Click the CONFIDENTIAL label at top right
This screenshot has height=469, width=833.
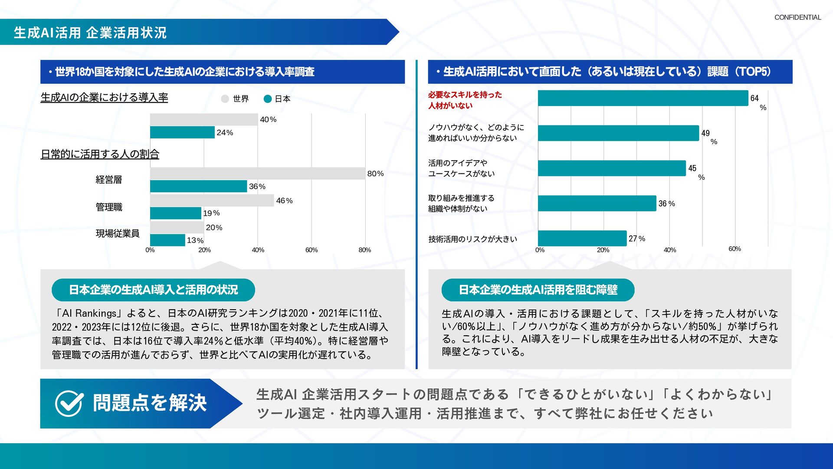pyautogui.click(x=797, y=17)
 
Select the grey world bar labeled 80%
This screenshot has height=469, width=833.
pyautogui.click(x=257, y=173)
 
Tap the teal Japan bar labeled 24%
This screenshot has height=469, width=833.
pyautogui.click(x=182, y=132)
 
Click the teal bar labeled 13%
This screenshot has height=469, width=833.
pyautogui.click(x=167, y=240)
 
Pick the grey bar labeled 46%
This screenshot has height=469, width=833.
pyautogui.click(x=212, y=201)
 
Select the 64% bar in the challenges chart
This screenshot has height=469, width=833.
pyautogui.click(x=643, y=98)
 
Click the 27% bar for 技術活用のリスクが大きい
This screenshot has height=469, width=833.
pyautogui.click(x=582, y=238)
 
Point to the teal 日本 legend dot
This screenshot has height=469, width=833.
pyautogui.click(x=268, y=99)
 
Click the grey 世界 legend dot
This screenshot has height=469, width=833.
pyautogui.click(x=225, y=99)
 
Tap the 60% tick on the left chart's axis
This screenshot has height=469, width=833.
pyautogui.click(x=311, y=250)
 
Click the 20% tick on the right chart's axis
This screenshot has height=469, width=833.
pyautogui.click(x=603, y=250)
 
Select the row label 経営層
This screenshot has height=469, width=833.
pyautogui.click(x=108, y=180)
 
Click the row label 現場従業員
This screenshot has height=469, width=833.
pyautogui.click(x=118, y=234)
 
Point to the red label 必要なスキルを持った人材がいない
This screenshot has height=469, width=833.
pyautogui.click(x=465, y=100)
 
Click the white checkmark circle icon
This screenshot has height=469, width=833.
pyautogui.click(x=69, y=403)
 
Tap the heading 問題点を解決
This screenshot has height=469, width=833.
pyautogui.click(x=149, y=403)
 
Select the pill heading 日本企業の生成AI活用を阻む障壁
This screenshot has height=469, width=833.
pyautogui.click(x=538, y=290)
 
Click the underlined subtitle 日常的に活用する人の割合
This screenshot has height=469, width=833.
pyautogui.click(x=100, y=154)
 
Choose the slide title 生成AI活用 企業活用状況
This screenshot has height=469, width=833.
pyautogui.click(x=90, y=33)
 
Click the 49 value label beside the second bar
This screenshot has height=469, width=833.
pyautogui.click(x=705, y=133)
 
